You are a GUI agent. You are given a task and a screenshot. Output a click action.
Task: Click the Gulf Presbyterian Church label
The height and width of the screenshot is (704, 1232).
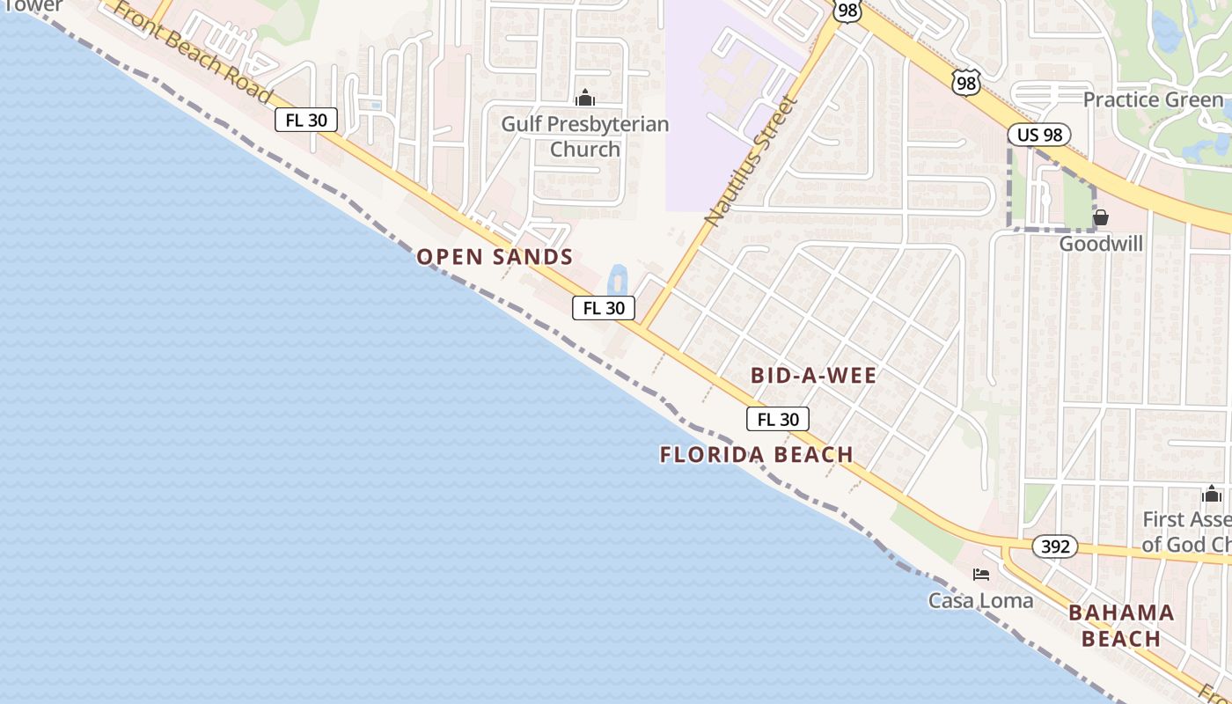585,136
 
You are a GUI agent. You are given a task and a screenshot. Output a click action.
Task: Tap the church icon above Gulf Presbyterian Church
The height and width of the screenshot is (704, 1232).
585,98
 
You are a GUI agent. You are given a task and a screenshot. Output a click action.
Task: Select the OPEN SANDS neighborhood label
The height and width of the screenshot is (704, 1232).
495,257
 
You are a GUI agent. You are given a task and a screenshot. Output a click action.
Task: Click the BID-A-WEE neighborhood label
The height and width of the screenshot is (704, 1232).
813,376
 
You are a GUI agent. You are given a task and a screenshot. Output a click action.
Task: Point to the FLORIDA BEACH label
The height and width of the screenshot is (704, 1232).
757,455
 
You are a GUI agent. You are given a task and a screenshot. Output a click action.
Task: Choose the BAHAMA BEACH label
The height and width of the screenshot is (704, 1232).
1121,626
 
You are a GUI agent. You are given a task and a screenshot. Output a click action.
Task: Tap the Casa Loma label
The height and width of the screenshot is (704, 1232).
981,600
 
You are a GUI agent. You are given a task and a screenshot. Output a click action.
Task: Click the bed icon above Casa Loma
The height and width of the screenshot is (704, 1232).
981,575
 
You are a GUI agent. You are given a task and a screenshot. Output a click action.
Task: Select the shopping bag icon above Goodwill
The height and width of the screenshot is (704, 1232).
1100,217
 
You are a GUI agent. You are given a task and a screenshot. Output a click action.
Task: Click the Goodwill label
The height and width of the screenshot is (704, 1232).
1101,244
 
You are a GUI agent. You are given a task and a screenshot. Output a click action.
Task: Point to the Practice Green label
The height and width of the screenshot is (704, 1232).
1153,99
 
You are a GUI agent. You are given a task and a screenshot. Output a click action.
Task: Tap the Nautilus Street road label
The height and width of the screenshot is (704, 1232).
751,161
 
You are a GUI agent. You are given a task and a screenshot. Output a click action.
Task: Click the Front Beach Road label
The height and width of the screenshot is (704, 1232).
194,53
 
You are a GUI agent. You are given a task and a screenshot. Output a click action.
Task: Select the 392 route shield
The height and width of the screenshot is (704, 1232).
1054,546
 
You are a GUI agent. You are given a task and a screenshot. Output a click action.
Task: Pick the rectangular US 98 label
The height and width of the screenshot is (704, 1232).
1039,135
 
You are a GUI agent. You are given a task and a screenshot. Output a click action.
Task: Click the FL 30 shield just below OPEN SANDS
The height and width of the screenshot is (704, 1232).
604,308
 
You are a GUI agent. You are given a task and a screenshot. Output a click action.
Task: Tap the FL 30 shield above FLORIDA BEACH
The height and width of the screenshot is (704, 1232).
778,420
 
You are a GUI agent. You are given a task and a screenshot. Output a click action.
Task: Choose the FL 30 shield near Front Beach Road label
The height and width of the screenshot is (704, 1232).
306,120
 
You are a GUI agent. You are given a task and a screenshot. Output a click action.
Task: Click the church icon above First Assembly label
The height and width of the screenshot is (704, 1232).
1212,494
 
